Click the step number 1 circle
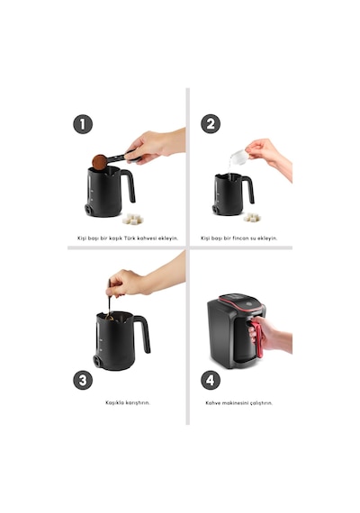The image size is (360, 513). pyautogui.click(x=83, y=124)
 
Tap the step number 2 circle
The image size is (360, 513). pyautogui.click(x=210, y=124)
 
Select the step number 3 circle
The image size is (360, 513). pyautogui.click(x=83, y=380)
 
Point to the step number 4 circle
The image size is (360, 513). pyautogui.click(x=210, y=380)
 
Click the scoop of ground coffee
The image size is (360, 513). pyautogui.click(x=100, y=162)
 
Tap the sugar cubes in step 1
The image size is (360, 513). pyautogui.click(x=132, y=220)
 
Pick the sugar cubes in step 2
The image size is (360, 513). pyautogui.click(x=252, y=217)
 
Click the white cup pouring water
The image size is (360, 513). pyautogui.click(x=238, y=157)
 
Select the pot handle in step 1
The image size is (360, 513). pyautogui.click(x=129, y=184)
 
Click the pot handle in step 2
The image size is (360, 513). pyautogui.click(x=249, y=188)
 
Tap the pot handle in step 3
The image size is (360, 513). pyautogui.click(x=143, y=332)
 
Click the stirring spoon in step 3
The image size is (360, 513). pyautogui.click(x=109, y=300)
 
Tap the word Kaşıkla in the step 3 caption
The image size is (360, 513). pyautogui.click(x=114, y=402)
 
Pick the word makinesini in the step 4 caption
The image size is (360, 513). pyautogui.click(x=235, y=403)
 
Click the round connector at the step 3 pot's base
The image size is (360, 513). pyautogui.click(x=97, y=361)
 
